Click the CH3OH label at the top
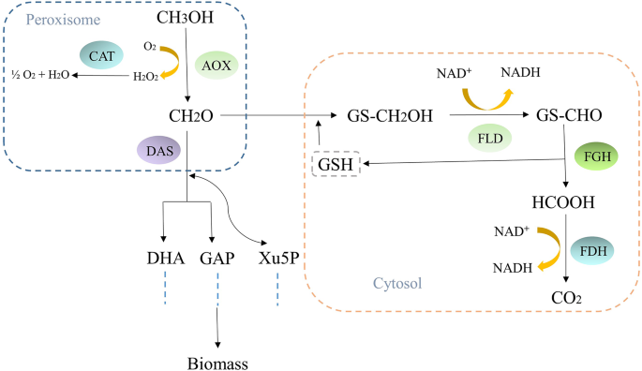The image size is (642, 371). click(189, 18)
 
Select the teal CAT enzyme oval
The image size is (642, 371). click(102, 55)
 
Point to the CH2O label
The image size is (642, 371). click(187, 115)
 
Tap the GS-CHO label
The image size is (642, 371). click(562, 116)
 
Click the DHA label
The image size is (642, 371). click(166, 258)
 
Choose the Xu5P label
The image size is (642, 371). click(278, 258)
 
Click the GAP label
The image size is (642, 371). click(216, 258)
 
